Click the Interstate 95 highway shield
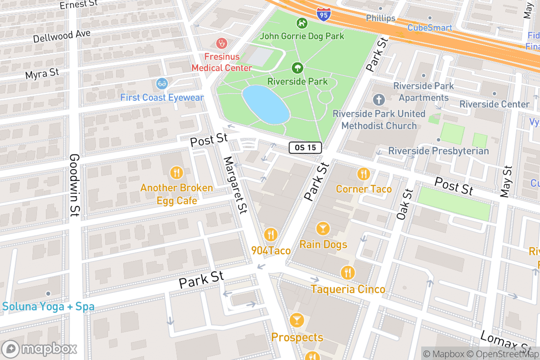(x=323, y=14)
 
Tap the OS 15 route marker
(x=305, y=147)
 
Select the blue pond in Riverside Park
(x=265, y=104)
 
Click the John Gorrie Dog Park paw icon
(x=301, y=22)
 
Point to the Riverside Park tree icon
(x=297, y=68)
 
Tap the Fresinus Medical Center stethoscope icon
(x=221, y=43)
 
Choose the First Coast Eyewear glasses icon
(x=162, y=83)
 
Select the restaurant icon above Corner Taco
(x=364, y=174)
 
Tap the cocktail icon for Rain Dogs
(x=323, y=229)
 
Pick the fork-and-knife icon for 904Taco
(x=270, y=235)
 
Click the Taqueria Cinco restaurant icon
(x=347, y=273)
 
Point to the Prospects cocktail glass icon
(x=297, y=320)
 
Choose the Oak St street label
(x=405, y=204)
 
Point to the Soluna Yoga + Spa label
(x=48, y=307)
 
